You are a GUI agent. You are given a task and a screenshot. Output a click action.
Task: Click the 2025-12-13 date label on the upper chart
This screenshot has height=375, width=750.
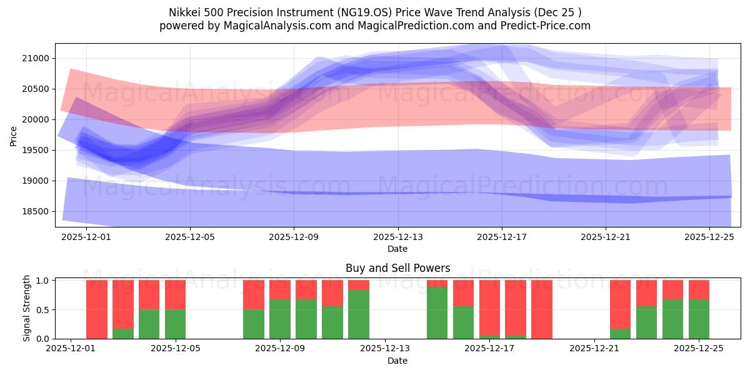[x=397, y=237]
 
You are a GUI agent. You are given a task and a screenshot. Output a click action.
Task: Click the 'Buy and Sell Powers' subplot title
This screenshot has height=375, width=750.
[x=397, y=269]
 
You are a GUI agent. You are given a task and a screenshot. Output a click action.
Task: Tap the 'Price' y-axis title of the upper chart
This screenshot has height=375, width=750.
[x=14, y=135]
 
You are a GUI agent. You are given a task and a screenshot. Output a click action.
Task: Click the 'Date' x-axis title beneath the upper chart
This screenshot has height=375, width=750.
[x=397, y=249]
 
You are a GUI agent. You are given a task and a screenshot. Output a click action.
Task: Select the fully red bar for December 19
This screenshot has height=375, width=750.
[x=542, y=309]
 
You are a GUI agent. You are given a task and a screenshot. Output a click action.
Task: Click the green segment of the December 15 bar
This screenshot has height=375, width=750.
[x=437, y=312]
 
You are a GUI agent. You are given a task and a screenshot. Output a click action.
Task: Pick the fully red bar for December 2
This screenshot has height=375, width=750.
[x=97, y=309]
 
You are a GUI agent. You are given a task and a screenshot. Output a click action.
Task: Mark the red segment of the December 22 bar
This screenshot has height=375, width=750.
[x=620, y=304]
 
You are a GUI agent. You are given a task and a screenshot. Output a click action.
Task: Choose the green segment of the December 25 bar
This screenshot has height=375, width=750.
[x=699, y=319]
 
